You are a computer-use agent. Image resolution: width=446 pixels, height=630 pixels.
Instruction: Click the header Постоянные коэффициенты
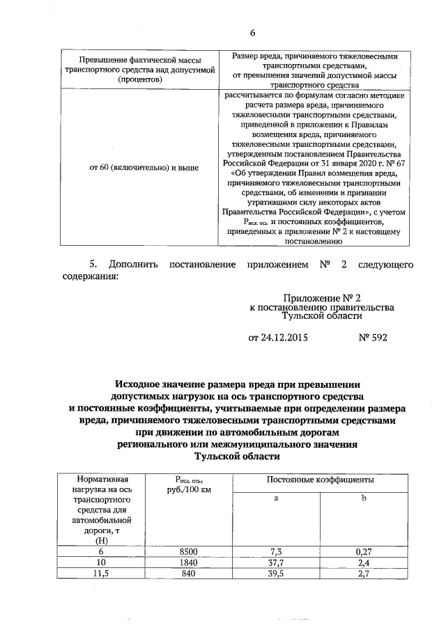point(320,480)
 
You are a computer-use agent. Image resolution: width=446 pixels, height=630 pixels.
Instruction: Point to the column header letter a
point(276,499)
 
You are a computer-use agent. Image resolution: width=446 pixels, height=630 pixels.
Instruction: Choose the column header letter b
point(363,499)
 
